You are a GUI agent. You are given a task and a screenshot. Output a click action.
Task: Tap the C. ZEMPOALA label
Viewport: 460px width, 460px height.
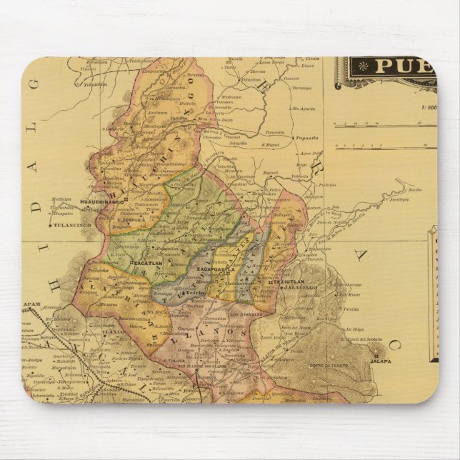[x=131, y=219]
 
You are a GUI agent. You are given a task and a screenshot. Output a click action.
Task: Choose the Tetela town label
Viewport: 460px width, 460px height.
[x=196, y=294]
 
